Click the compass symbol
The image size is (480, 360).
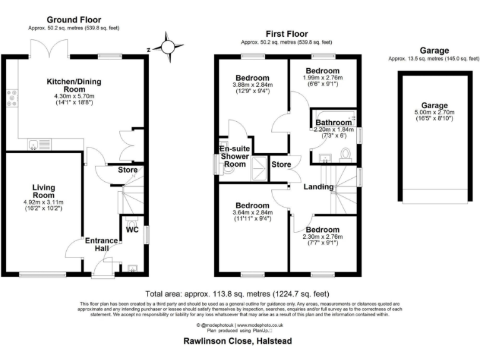point(168,47)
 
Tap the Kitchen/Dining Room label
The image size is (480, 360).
point(74,85)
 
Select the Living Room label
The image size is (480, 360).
point(44,189)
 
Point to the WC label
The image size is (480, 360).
point(132,230)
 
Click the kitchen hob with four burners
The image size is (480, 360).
point(12,98)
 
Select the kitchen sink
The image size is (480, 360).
point(34,145)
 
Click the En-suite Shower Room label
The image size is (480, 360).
point(232,156)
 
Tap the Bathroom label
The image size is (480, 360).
point(333,122)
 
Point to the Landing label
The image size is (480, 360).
point(317,187)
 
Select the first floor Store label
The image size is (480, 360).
point(281,165)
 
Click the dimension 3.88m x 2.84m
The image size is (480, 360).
point(252,85)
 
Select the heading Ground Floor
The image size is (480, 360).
point(74,20)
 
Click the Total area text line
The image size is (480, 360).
point(237,294)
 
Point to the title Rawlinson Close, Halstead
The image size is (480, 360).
point(237,342)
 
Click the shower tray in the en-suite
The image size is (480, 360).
point(257,167)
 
